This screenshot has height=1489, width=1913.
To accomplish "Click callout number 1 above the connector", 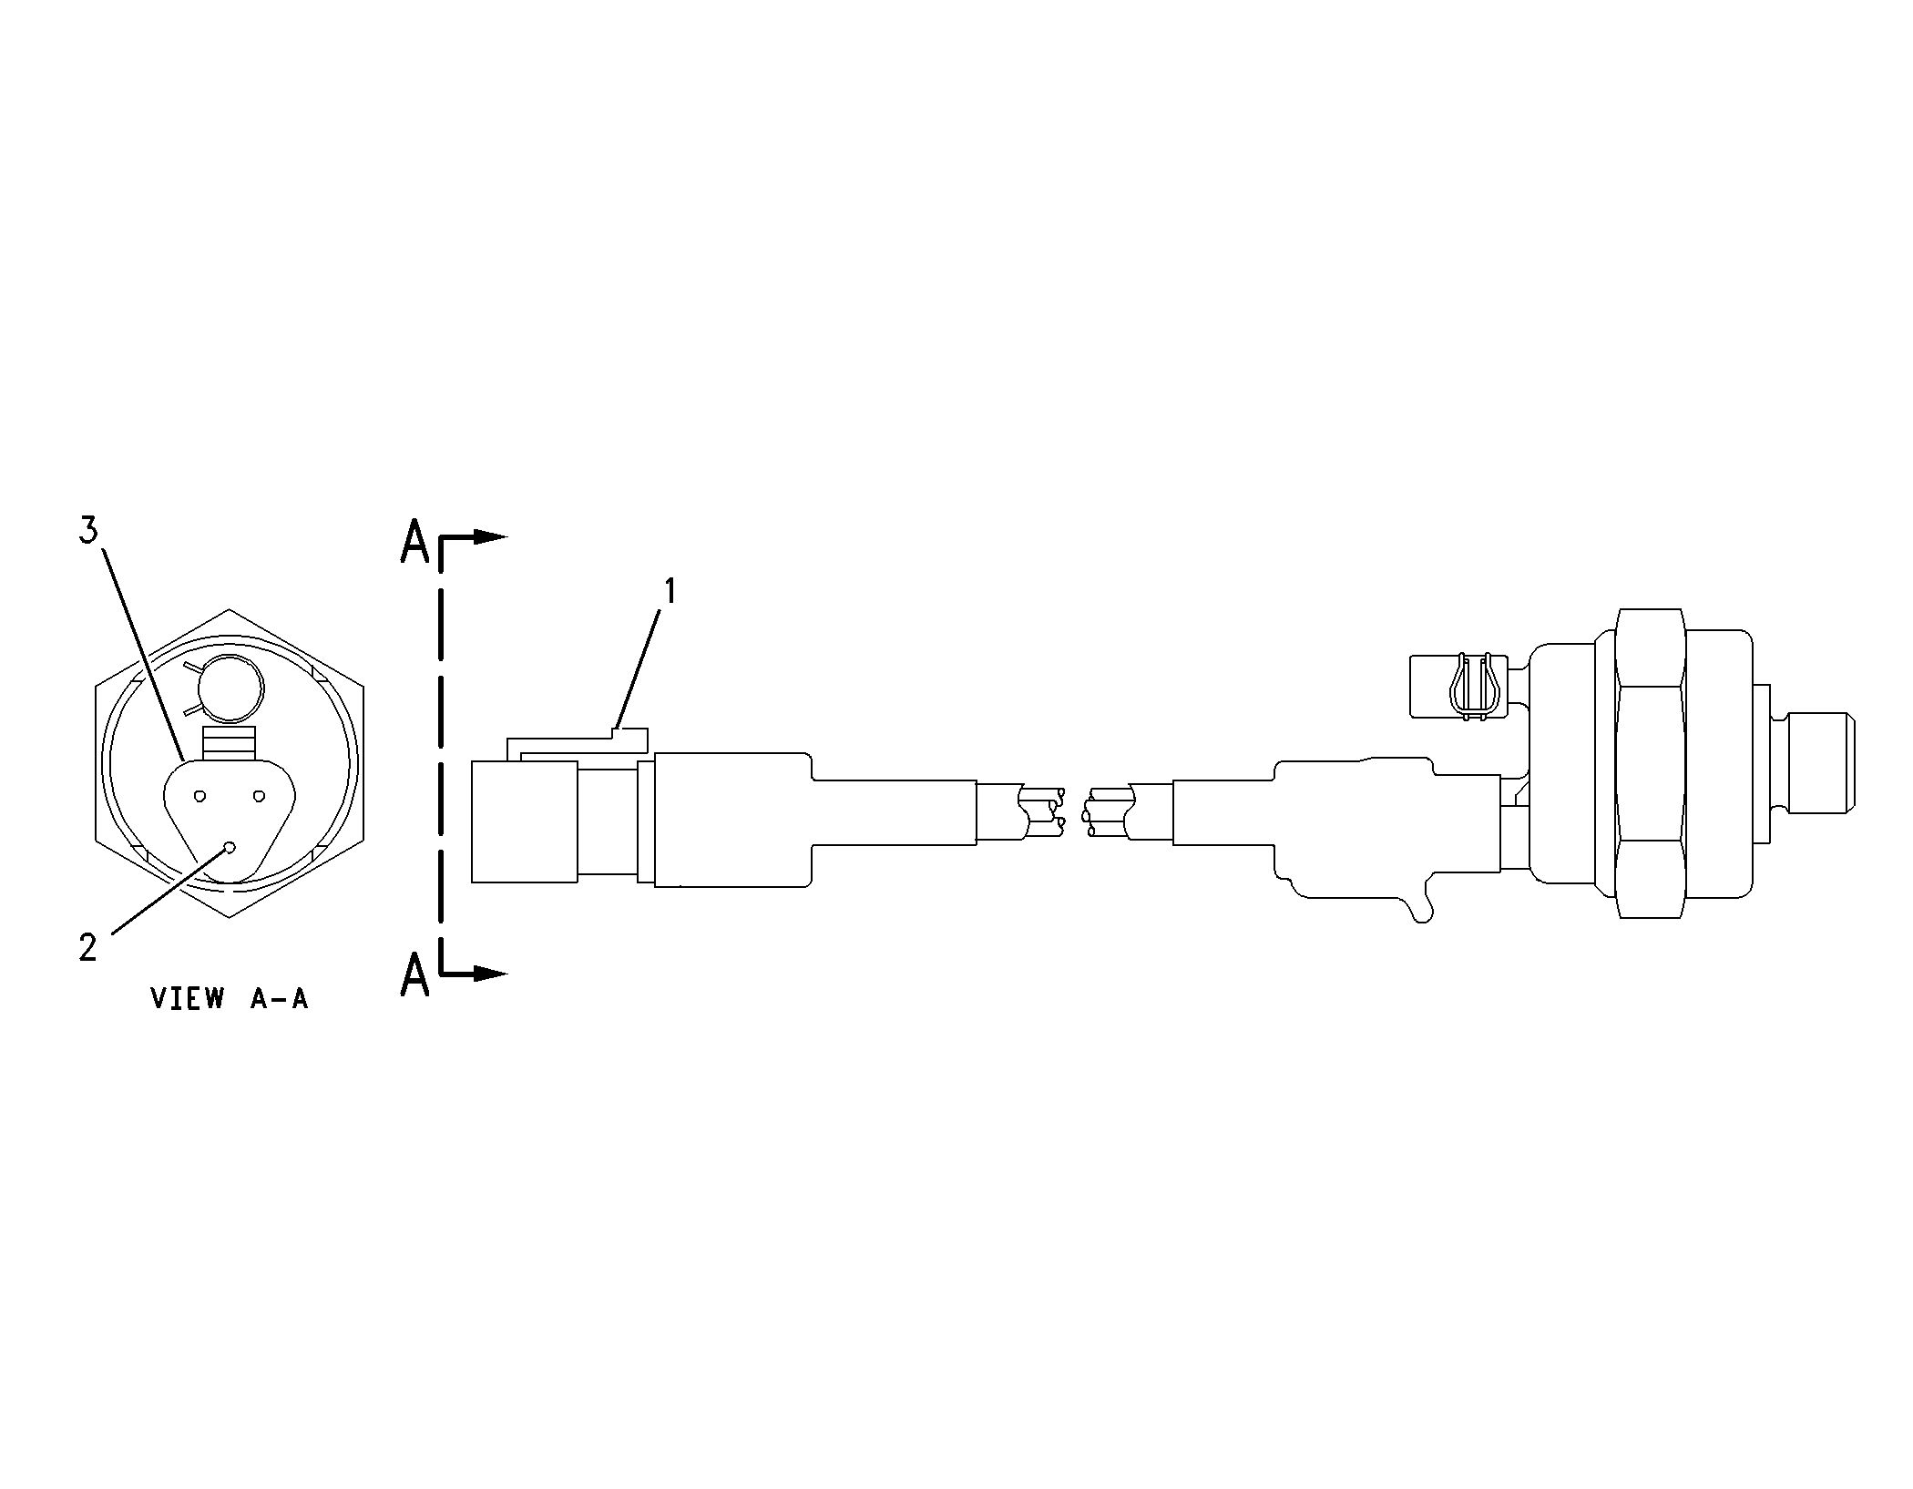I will point(670,592).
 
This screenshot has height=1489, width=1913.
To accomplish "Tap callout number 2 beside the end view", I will point(87,948).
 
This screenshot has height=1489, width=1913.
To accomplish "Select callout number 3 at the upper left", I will point(87,530).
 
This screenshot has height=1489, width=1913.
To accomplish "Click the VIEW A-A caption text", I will point(230,999).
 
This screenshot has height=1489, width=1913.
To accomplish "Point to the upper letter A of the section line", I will point(414,545).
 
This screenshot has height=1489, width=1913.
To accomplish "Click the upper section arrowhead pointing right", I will point(490,537).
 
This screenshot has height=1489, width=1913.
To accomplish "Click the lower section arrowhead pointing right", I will point(490,974).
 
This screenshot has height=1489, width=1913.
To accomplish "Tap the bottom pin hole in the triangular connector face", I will point(230,847).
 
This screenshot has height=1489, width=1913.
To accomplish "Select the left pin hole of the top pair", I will point(200,797).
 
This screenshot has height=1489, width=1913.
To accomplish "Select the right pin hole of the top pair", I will point(259,797).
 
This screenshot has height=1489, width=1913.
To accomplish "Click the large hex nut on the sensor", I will point(1651,763).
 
